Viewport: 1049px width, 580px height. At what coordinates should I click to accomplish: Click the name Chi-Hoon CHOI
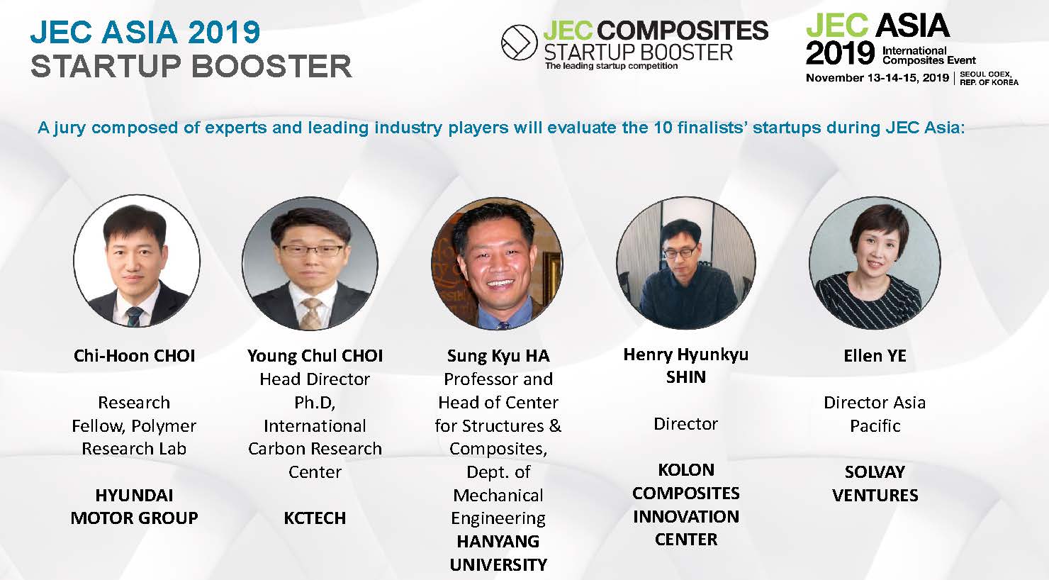135,356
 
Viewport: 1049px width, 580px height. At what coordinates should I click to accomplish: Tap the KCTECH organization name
315,518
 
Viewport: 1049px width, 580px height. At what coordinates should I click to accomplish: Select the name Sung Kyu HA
498,356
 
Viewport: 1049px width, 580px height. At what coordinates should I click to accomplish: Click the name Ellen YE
875,356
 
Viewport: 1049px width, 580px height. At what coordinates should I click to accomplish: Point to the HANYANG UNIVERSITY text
498,553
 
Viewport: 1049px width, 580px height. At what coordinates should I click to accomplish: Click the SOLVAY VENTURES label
875,484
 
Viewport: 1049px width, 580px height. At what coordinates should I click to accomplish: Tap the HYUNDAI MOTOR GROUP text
135,506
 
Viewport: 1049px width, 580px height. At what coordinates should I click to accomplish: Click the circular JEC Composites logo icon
519,42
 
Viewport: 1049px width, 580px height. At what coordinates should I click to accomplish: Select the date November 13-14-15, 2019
877,78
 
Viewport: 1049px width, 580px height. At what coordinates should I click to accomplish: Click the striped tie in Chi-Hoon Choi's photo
134,316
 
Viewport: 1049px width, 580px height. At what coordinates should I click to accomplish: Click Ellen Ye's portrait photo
875,262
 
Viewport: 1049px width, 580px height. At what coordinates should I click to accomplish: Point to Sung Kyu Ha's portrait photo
498,263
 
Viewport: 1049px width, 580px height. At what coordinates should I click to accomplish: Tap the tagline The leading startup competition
611,66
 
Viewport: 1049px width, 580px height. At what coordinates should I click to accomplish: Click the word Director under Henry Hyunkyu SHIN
685,423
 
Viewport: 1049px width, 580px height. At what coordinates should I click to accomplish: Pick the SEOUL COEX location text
985,74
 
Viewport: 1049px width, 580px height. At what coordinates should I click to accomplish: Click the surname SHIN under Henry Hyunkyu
685,377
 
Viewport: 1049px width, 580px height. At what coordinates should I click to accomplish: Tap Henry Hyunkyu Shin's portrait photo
685,262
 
